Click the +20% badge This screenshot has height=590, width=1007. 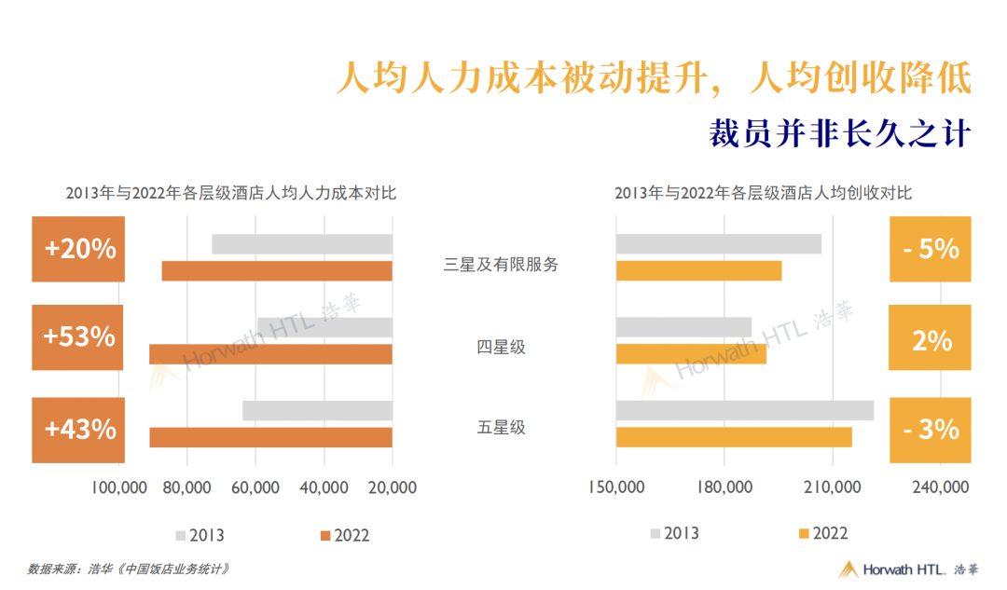[78, 249]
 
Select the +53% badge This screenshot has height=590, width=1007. [78, 336]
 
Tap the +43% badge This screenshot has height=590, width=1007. [78, 429]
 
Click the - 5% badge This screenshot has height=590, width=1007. [931, 249]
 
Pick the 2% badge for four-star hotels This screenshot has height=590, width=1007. [931, 340]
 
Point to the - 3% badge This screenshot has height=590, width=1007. [931, 429]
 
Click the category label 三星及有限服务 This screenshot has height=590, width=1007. [501, 264]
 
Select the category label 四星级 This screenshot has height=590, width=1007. [501, 347]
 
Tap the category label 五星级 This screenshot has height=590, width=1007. [501, 428]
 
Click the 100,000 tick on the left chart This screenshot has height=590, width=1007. [120, 487]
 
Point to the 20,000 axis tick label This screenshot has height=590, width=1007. [392, 487]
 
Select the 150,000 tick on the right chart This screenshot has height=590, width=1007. [617, 487]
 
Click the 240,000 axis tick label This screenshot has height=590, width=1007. [939, 487]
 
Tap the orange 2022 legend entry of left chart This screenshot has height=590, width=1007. [344, 535]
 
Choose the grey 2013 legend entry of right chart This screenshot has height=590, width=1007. [674, 533]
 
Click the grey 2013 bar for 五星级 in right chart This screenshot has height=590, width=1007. [744, 410]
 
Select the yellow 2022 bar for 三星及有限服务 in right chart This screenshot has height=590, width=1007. [698, 271]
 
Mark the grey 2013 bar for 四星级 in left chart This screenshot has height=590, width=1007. [324, 327]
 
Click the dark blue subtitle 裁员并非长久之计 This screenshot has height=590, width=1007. [840, 132]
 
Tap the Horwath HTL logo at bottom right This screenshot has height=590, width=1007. [908, 569]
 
